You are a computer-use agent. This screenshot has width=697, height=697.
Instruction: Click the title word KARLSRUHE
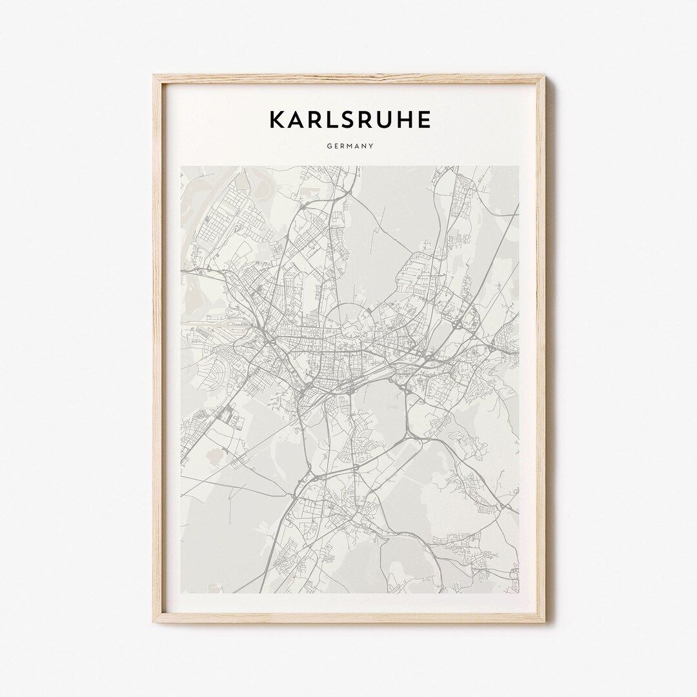[x=349, y=120]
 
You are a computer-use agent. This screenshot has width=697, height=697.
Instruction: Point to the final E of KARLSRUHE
[x=424, y=120]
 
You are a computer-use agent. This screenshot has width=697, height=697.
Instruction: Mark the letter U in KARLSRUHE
[x=387, y=120]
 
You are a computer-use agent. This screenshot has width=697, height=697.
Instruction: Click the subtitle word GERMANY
[x=349, y=146]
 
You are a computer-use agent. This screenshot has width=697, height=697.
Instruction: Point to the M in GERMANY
[x=349, y=146]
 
